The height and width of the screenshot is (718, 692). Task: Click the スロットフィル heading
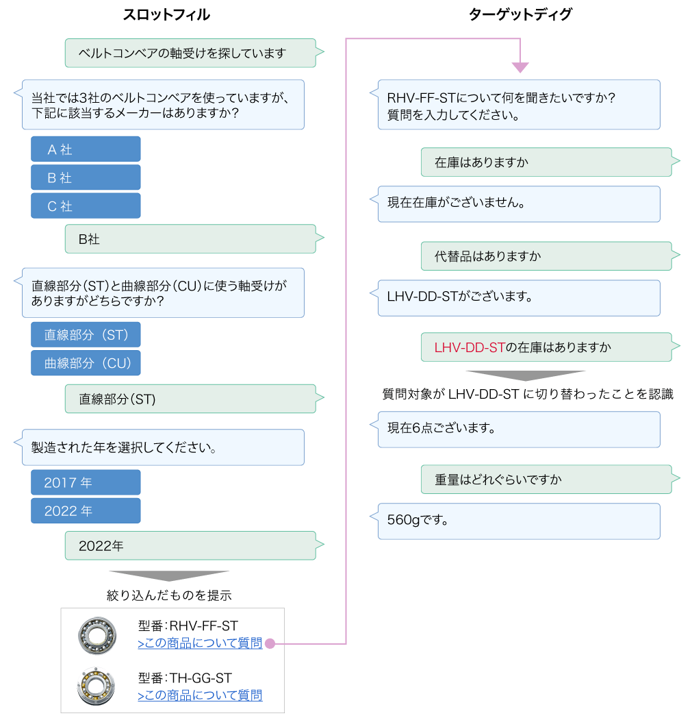166,15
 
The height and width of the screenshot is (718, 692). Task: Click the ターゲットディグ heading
520,15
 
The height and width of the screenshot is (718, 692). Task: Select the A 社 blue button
86,149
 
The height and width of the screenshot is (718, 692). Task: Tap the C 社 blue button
86,206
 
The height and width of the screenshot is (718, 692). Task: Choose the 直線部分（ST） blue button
86,335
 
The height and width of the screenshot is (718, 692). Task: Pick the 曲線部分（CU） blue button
86,363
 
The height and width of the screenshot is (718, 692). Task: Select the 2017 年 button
86,482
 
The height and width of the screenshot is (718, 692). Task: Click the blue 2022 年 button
86,511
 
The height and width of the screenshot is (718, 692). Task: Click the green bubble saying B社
190,239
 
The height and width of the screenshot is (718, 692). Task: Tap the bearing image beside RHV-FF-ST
97,634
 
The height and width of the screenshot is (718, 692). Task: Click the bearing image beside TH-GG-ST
97,686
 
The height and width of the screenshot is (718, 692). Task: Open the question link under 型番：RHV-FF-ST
200,643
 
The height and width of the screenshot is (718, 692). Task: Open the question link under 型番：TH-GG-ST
200,696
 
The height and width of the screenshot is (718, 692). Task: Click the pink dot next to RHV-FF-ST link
270,643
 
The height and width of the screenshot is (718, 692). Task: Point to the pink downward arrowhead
520,68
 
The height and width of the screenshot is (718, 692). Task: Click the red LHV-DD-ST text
470,347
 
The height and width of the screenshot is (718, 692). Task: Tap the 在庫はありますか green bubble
546,162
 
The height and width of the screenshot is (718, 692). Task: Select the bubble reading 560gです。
519,521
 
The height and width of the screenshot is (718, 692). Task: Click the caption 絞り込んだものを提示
169,595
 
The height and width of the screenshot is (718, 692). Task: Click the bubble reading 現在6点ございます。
519,429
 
